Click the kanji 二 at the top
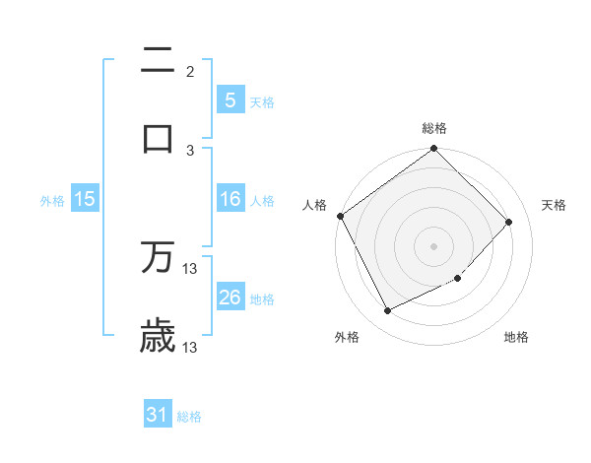[158, 61]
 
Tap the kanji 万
[158, 258]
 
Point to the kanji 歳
[158, 336]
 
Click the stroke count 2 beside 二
[190, 71]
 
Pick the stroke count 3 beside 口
[190, 150]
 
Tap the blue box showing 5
[230, 99]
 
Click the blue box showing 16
[230, 199]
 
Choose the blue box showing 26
[230, 298]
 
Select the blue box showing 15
[85, 199]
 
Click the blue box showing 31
[158, 415]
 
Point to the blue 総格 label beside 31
[189, 417]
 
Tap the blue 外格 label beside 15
[52, 201]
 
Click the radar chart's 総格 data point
[433, 150]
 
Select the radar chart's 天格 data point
[509, 222]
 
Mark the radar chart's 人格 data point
[340, 216]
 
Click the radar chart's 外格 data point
[387, 311]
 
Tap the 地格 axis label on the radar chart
[516, 338]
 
